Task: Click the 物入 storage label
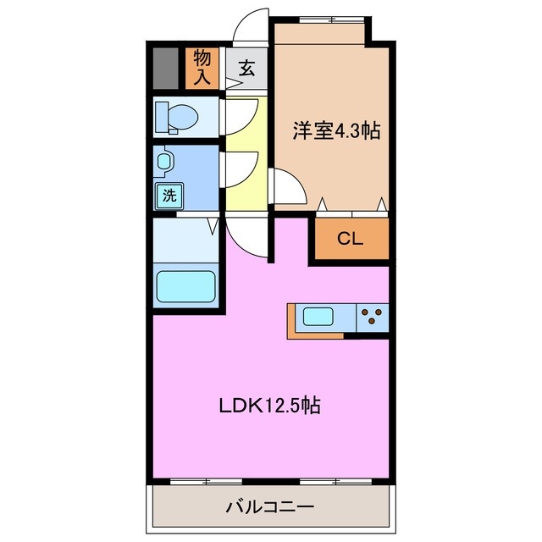pos(202,68)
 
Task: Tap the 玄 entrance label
pos(246,69)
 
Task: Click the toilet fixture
pos(179,116)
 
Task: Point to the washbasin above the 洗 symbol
pos(164,161)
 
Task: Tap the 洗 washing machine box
pos(169,196)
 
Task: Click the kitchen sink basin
pos(318,318)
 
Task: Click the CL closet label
pos(350,239)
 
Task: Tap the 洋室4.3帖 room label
pos(336,131)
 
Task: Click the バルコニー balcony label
pos(270,507)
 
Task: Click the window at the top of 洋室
pos(321,18)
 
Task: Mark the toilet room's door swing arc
pos(241,115)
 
